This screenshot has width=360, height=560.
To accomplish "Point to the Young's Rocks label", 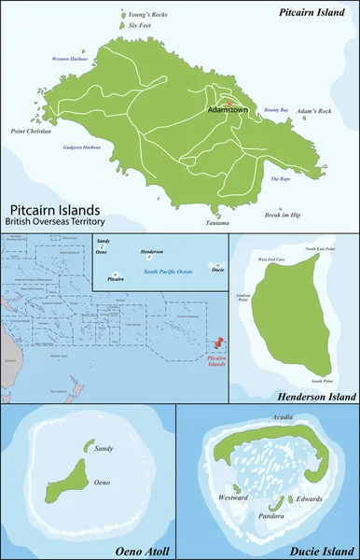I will [146, 15].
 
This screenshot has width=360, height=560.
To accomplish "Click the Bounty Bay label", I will [277, 109].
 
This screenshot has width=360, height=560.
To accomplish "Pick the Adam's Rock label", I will [314, 111].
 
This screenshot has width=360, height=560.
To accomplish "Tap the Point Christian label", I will [32, 132].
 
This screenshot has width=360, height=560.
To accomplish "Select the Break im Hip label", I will [282, 215].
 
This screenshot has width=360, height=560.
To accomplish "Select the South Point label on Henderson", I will [323, 381].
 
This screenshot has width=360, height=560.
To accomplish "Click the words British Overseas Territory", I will [57, 221].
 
